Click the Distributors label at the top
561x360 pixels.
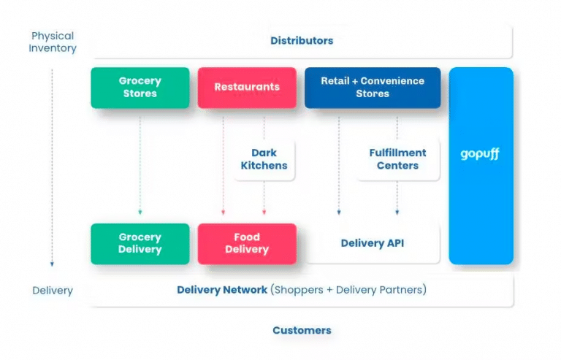[302, 41]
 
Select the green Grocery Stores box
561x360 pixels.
[140, 88]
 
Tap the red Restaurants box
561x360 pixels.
[247, 88]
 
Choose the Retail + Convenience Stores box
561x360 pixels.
[373, 88]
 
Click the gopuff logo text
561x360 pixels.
[481, 155]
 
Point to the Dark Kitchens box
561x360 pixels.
[264, 159]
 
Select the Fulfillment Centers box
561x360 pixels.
[397, 159]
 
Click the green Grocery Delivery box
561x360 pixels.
[140, 244]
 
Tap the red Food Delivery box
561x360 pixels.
[247, 244]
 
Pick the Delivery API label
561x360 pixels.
[373, 243]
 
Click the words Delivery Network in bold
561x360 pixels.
[222, 290]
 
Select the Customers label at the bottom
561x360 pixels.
[302, 330]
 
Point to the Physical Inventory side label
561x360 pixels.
[53, 42]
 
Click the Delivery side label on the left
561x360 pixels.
[53, 291]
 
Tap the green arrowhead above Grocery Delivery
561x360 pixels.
[140, 212]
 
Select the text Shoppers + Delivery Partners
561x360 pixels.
[348, 290]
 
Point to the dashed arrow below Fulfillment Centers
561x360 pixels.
[397, 197]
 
